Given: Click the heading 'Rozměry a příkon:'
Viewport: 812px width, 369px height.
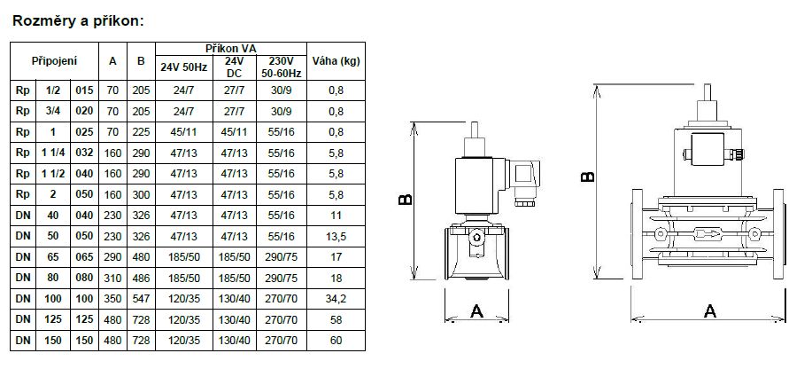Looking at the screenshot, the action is click(78, 21).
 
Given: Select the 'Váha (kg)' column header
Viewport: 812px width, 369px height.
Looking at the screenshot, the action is click(336, 61).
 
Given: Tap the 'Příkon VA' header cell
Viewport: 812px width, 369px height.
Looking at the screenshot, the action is click(231, 49).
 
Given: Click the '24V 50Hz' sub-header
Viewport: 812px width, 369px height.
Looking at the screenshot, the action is click(184, 67).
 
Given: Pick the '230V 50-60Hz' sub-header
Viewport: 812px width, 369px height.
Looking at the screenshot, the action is click(282, 67).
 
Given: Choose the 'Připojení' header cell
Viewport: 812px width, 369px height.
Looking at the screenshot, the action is click(54, 61).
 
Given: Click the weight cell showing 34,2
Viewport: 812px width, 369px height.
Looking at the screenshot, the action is click(336, 299).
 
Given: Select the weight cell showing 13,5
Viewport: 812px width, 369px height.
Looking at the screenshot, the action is click(336, 237).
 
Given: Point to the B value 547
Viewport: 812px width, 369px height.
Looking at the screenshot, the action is click(141, 299).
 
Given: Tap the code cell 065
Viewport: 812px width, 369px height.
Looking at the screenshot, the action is click(84, 257).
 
